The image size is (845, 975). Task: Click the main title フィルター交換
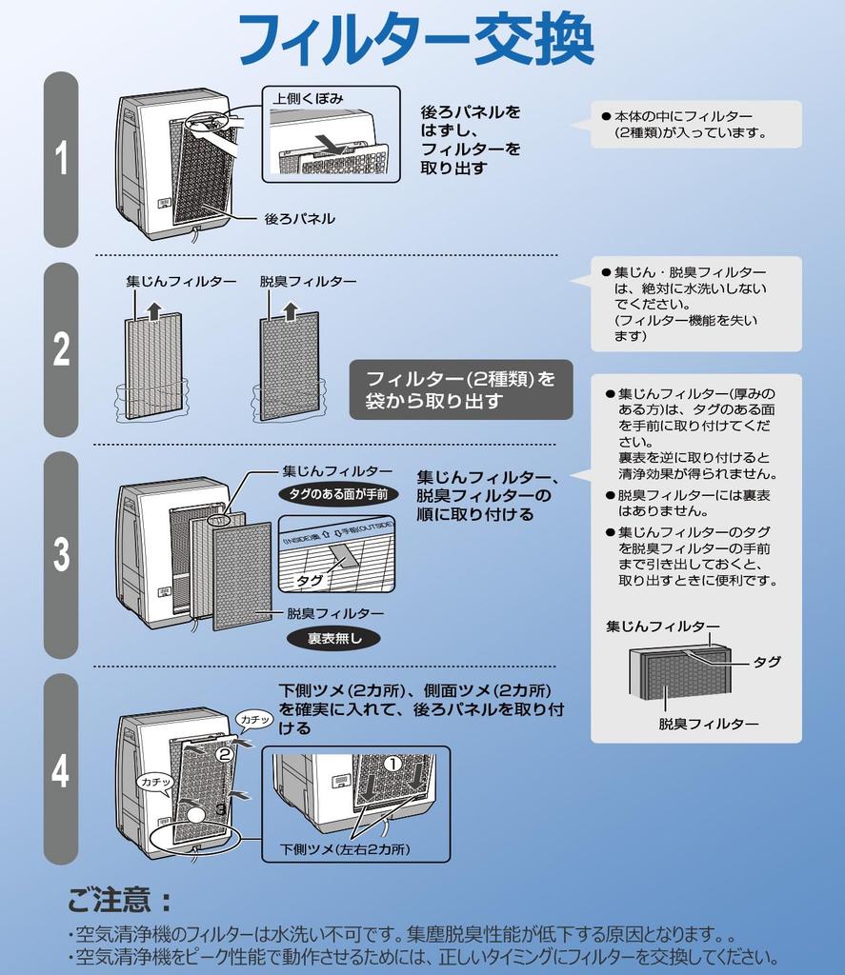(x=415, y=40)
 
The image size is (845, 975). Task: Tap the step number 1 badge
(x=61, y=158)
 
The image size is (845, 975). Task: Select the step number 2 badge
(x=61, y=349)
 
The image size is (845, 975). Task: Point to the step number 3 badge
(x=61, y=554)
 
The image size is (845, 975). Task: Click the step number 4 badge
(x=61, y=769)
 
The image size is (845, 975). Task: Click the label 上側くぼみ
(x=308, y=98)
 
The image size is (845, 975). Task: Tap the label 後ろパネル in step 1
(x=299, y=218)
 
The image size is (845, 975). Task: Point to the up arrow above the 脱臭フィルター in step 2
(x=290, y=310)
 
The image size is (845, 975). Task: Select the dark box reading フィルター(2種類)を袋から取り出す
(x=461, y=389)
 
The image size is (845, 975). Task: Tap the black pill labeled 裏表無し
(x=334, y=639)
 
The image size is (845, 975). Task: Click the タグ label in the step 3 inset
(x=309, y=579)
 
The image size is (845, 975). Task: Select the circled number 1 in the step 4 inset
(x=392, y=764)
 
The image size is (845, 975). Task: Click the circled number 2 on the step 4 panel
(x=224, y=754)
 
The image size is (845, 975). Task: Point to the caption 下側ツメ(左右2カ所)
(x=351, y=848)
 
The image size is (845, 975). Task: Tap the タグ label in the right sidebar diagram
(x=767, y=662)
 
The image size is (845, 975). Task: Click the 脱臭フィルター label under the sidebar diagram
(x=709, y=724)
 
